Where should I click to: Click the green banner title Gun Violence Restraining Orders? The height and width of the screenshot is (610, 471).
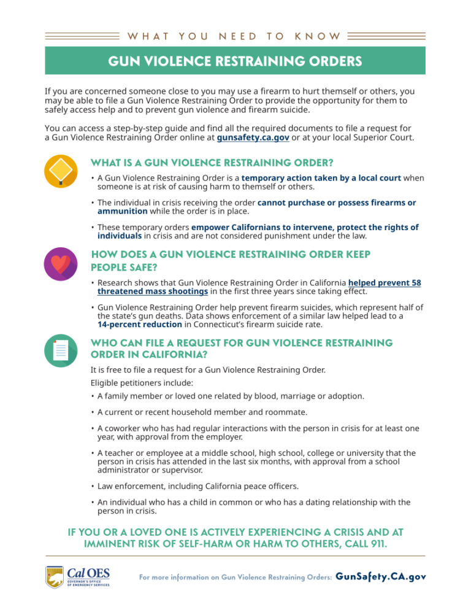235,61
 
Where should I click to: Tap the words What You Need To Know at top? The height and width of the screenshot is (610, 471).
235,36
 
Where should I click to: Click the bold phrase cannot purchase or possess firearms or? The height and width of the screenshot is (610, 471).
337,203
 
